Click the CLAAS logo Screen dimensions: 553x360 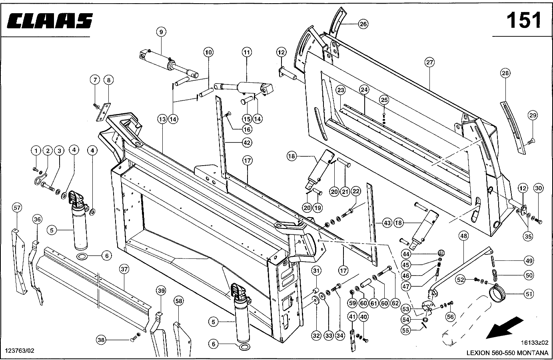50,20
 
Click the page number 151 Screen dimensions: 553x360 524,20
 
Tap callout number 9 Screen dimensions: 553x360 161,32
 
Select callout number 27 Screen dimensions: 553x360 429,62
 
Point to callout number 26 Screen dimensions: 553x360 363,24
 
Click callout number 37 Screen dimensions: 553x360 124,269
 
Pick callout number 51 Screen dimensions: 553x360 529,294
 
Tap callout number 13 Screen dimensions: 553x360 162,120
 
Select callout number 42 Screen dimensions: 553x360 247,143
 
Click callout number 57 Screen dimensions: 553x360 17,208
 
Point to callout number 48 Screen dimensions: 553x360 463,236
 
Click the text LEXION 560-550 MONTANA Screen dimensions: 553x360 507,353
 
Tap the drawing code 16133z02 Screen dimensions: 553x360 535,343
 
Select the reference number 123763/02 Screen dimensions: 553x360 20,351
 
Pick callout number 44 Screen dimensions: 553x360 406,254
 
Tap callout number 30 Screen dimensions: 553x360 538,188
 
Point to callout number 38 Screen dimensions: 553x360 101,340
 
